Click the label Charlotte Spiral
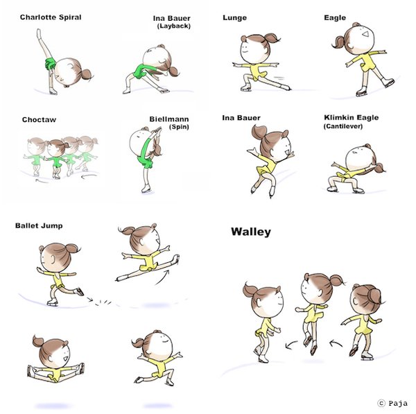click(x=51, y=17)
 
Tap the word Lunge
click(x=235, y=18)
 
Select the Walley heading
click(x=251, y=232)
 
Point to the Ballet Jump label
click(x=39, y=226)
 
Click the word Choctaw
click(x=39, y=120)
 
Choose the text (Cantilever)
click(x=343, y=126)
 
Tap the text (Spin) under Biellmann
click(x=179, y=127)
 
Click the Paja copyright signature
click(x=392, y=404)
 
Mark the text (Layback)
click(x=174, y=26)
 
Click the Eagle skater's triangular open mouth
click(x=365, y=34)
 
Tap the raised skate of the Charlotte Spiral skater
click(x=39, y=33)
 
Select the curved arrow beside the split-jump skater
click(x=163, y=277)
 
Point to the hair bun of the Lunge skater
click(x=271, y=38)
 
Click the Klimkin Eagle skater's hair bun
click(x=379, y=168)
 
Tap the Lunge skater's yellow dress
click(x=257, y=71)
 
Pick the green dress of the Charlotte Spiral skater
click(x=50, y=64)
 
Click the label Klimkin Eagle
click(x=352, y=118)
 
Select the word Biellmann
click(x=169, y=119)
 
